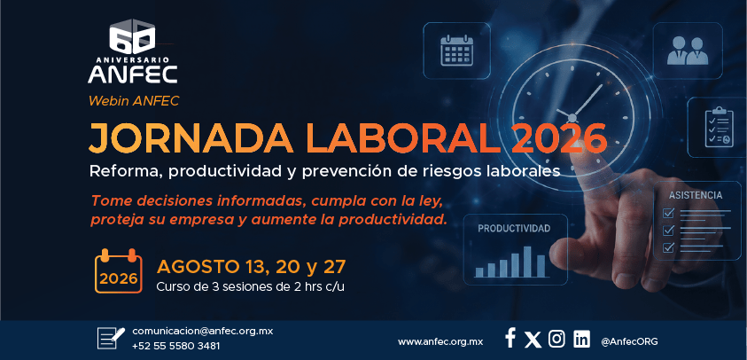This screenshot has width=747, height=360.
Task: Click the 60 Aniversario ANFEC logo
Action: (x=132, y=51)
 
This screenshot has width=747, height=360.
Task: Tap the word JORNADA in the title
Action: (x=190, y=138)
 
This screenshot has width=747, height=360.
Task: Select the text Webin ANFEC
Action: (x=134, y=101)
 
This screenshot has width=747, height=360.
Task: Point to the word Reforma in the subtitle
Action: (x=126, y=172)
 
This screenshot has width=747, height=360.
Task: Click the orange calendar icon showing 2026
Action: (x=118, y=270)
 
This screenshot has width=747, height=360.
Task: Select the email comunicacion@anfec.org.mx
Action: (x=202, y=331)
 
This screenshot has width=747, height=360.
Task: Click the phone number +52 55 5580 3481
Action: (x=175, y=346)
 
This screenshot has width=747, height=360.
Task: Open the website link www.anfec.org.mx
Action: (x=440, y=341)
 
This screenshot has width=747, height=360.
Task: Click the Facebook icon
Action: (x=510, y=338)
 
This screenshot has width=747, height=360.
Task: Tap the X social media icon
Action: (x=533, y=340)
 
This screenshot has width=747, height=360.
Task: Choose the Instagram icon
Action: (x=556, y=339)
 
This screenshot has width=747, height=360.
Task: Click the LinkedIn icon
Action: (x=581, y=339)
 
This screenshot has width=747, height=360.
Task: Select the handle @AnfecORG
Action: (x=629, y=341)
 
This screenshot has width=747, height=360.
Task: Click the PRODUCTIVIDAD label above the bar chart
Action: (x=514, y=229)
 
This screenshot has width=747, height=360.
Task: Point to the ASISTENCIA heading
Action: (x=695, y=195)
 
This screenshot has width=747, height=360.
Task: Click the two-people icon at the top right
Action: (x=688, y=51)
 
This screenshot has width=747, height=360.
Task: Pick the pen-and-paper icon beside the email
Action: (x=111, y=338)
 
